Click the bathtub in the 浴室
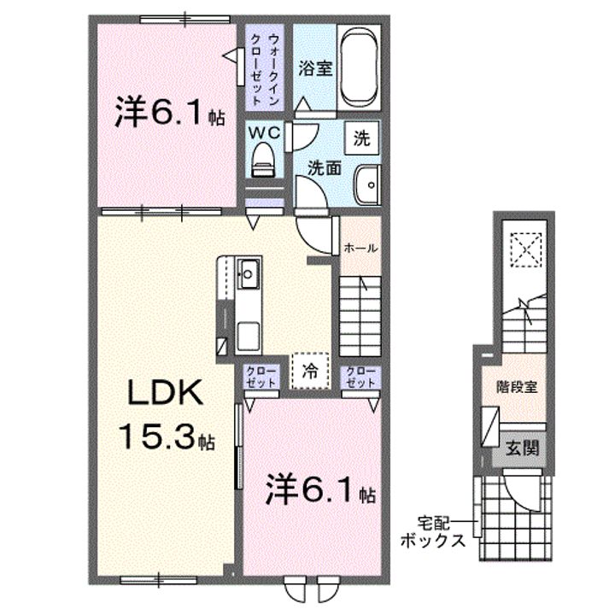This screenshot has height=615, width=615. pos(359,67)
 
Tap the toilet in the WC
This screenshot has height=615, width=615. pos(263,159)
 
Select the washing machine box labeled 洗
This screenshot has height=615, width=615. pos(361,138)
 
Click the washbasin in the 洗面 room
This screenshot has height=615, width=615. pos(367,184)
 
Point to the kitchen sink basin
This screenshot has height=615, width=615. pos(248,274)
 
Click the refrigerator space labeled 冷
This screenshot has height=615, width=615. pos(310,371)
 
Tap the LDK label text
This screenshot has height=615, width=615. pos(166,393)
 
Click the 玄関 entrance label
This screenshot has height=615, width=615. pos(522,448)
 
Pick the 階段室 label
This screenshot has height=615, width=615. pos(517,387)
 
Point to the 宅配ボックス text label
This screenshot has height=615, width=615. pos(433,531)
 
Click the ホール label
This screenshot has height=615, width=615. pos(360,248)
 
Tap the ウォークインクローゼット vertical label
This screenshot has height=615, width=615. pos(265,70)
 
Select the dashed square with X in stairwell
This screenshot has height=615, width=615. pos(526,249)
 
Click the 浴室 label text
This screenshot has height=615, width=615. pos(315,68)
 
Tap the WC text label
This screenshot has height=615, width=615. pos(264,133)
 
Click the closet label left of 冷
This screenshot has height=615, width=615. pos(260,376)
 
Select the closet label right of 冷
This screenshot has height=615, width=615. pos(360,376)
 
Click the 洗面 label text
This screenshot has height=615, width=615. pos(324,168)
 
